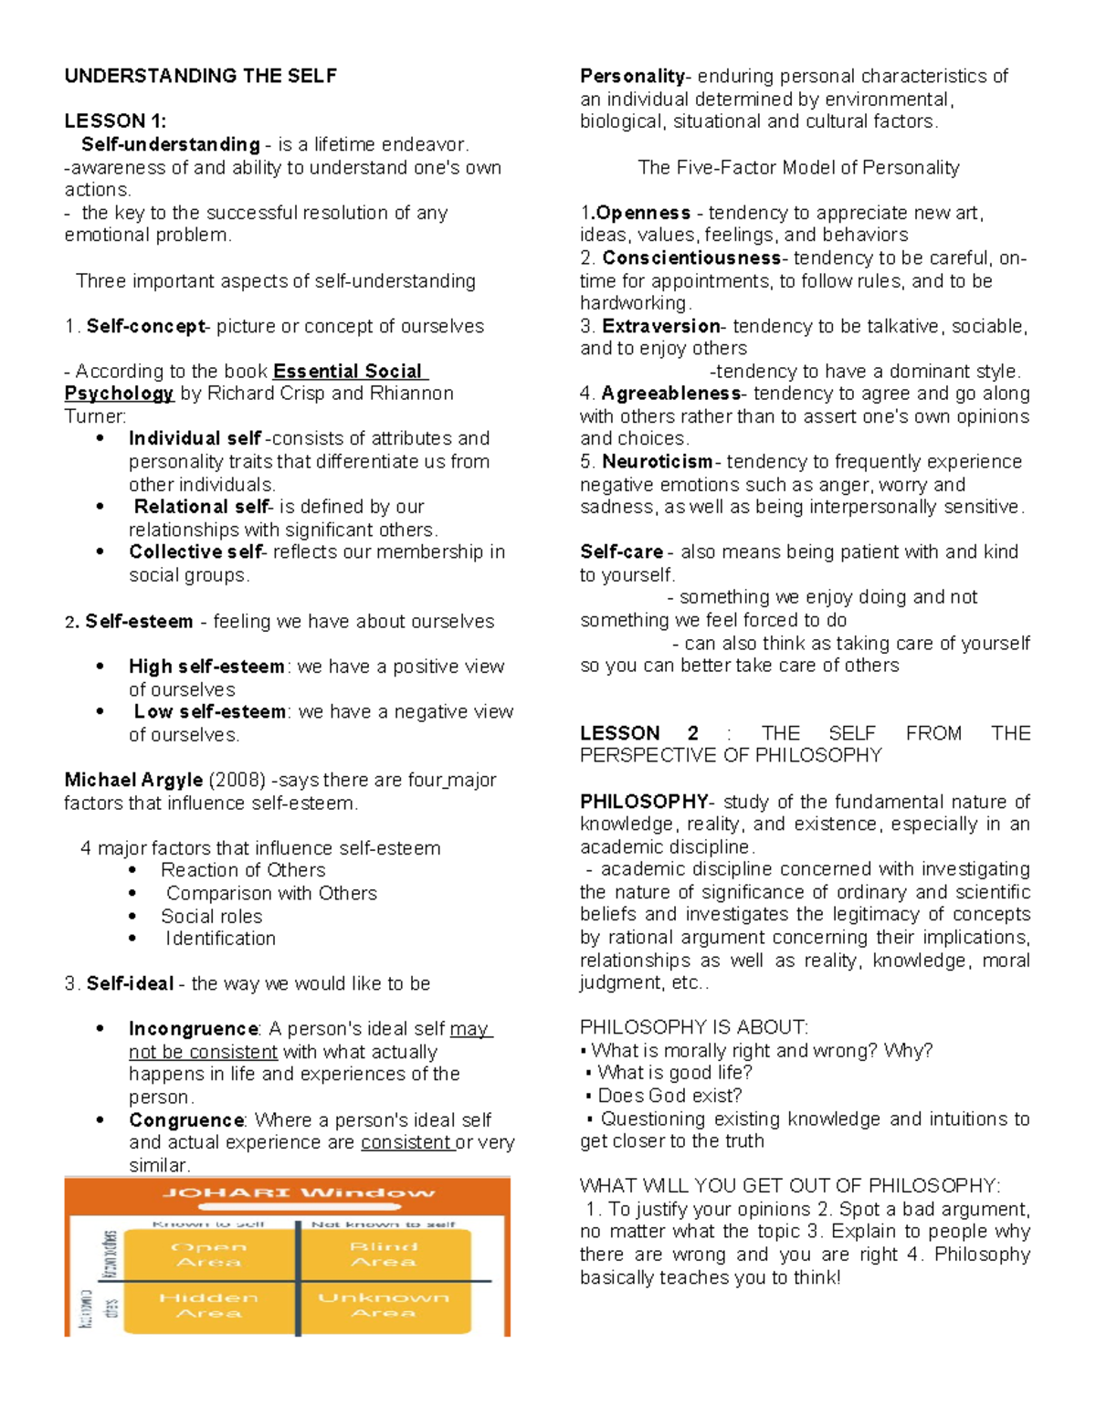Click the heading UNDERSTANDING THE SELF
pos(200,76)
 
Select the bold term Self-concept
pos(145,326)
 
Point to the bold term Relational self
pos(201,507)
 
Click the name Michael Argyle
pos(133,780)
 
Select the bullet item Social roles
pos(211,916)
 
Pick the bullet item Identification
pos(220,939)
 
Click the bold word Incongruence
pos(194,1029)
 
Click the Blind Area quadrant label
pos(384,1254)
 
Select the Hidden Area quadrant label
pos(209,1305)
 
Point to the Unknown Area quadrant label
pos(384,1305)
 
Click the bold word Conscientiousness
pos(691,257)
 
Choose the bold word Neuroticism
pos(658,461)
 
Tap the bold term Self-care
pos(622,551)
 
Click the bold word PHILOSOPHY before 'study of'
pos(644,802)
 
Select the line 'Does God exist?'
pos(669,1096)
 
